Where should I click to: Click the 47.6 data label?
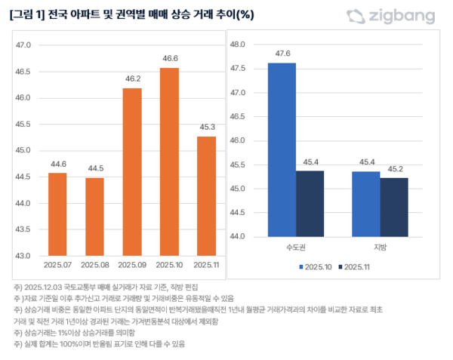point(282,54)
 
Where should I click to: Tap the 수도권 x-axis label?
point(296,247)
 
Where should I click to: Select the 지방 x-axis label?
point(380,247)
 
